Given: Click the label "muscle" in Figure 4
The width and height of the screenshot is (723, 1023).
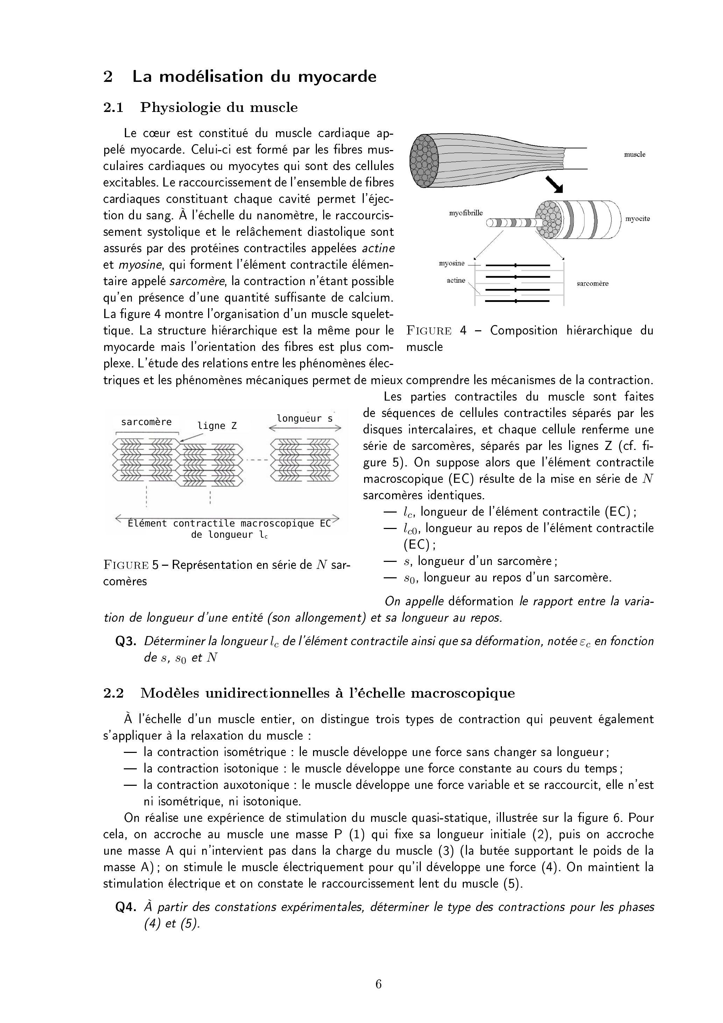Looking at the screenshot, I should click(635, 155).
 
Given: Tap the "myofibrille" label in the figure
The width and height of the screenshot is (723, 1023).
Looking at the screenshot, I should click(466, 213).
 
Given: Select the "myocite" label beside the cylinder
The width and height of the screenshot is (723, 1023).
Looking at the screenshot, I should click(637, 219).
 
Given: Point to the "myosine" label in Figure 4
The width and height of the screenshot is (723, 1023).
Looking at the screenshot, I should click(452, 263).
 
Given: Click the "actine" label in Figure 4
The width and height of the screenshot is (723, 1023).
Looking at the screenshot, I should click(456, 280).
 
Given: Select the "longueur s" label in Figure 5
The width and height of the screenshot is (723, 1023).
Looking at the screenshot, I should click(305, 418).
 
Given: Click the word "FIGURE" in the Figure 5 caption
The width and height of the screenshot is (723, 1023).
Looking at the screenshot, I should click(126, 565).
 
